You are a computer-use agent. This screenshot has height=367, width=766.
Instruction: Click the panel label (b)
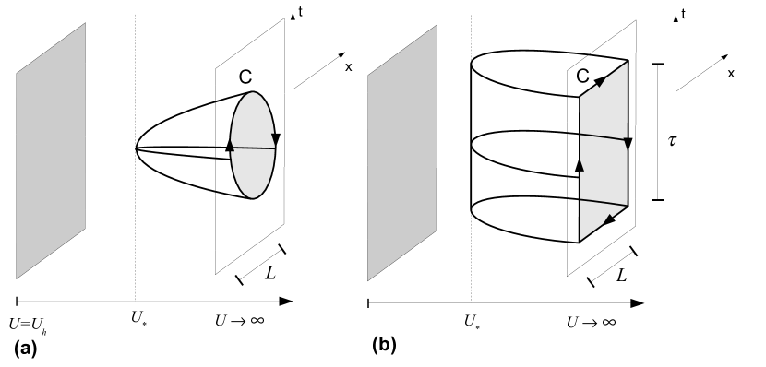(x=384, y=346)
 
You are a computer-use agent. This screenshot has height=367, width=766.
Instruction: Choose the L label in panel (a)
(x=272, y=274)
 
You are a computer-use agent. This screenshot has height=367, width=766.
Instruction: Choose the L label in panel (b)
(x=623, y=275)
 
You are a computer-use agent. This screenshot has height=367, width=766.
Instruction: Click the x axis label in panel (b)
(x=731, y=72)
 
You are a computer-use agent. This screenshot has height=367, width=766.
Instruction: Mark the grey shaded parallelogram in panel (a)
(x=51, y=152)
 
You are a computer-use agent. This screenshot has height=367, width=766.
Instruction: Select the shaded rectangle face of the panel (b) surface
(x=604, y=152)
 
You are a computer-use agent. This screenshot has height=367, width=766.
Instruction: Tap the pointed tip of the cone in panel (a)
(x=137, y=148)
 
